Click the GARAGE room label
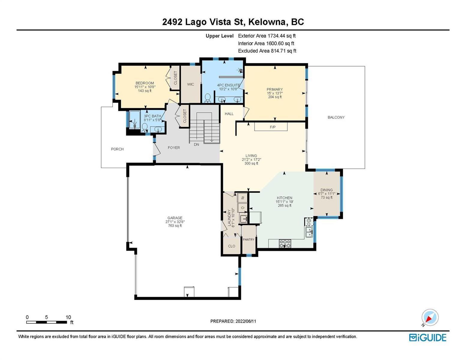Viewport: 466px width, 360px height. (175, 218)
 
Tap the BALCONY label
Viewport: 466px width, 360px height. (336, 117)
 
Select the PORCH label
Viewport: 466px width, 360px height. (117, 149)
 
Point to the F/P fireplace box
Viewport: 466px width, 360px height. (271, 127)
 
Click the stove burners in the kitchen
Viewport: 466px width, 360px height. (285, 244)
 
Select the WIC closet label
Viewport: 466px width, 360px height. (191, 84)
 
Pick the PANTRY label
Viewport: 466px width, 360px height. (248, 239)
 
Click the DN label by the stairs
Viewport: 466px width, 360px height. (197, 145)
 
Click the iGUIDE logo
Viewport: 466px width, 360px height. (428, 338)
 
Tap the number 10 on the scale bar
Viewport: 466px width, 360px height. (68, 317)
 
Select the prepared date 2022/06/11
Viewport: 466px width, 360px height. (246, 321)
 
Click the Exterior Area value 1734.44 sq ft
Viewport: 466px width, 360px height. (281, 36)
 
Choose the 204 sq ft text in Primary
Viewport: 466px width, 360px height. (275, 97)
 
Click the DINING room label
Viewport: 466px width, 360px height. (326, 190)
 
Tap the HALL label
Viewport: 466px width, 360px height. (229, 114)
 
